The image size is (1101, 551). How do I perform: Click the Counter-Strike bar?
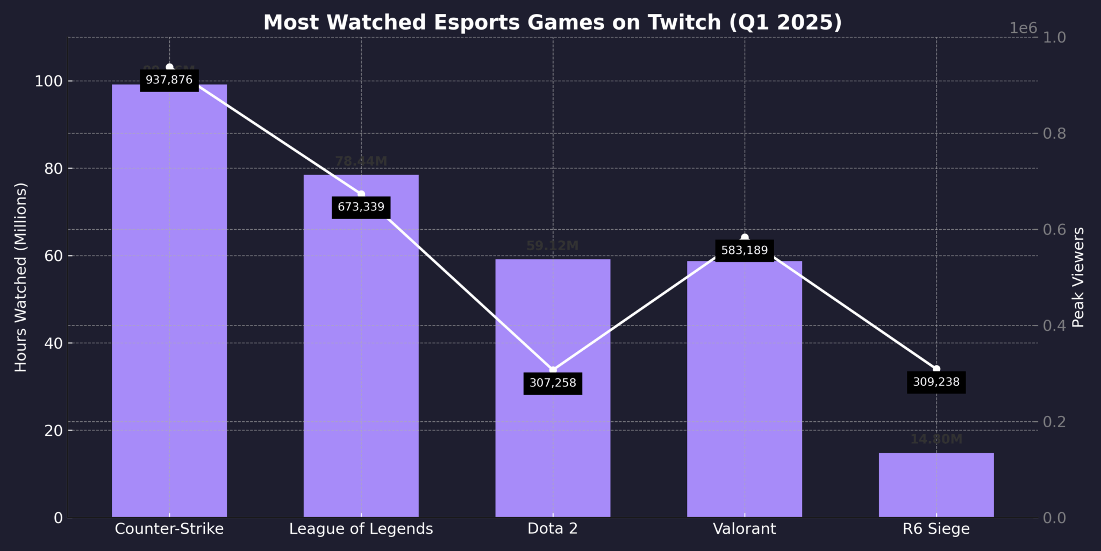[x=169, y=301]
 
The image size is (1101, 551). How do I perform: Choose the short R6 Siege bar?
[x=936, y=485]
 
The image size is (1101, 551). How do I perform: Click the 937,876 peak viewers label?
[x=169, y=80]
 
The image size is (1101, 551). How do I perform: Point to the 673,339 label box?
[x=361, y=207]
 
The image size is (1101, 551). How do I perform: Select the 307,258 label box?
[x=553, y=383]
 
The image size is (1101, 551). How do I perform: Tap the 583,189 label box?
[x=745, y=250]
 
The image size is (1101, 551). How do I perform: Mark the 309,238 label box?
[x=936, y=382]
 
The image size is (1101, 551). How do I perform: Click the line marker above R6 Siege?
[x=936, y=369]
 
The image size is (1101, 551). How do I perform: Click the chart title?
[x=553, y=23]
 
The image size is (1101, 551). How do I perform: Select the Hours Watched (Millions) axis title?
[x=21, y=277]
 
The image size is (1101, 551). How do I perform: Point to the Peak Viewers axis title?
[x=1078, y=277]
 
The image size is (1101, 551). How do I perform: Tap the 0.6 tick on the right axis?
[x=1054, y=230]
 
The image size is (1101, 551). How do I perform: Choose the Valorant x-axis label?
[x=745, y=529]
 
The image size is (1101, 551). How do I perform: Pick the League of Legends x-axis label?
[x=361, y=529]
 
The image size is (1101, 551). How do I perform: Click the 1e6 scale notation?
[x=1023, y=29]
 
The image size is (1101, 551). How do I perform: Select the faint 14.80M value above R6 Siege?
[x=936, y=440]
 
